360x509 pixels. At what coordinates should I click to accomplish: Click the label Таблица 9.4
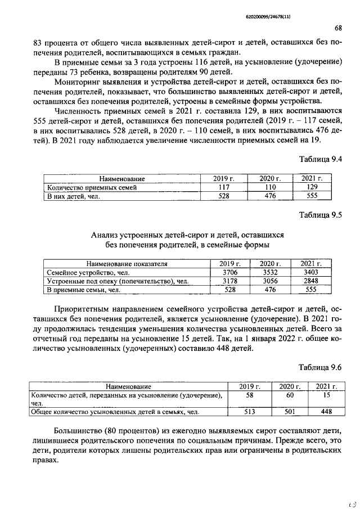321,159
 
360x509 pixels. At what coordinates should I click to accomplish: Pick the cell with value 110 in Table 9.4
271,187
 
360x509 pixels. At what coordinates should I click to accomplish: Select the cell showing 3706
229,272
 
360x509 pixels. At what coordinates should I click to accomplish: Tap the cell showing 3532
271,272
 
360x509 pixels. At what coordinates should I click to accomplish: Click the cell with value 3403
311,272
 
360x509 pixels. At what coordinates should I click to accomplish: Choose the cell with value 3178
229,281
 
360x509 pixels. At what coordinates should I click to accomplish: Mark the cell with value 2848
311,281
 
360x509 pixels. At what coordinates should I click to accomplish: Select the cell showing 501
290,412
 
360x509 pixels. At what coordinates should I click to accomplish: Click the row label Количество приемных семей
92,187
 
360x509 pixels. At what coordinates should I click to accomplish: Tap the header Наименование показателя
127,263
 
